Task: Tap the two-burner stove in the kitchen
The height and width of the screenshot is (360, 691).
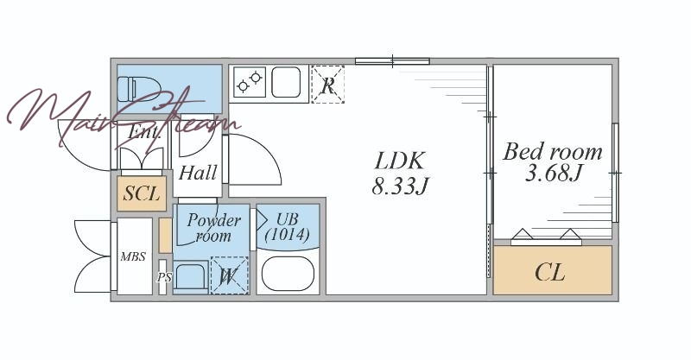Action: (x=250, y=82)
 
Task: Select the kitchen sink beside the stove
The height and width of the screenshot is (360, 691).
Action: (x=286, y=82)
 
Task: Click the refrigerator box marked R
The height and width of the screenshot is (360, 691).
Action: (x=327, y=85)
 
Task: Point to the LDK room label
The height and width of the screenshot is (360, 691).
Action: (x=400, y=161)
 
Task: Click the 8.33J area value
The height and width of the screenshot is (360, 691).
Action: (x=400, y=186)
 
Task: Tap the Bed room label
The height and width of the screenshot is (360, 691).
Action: (x=553, y=152)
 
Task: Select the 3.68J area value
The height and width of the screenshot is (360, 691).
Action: (x=554, y=174)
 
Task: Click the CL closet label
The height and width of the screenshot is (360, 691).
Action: (x=550, y=272)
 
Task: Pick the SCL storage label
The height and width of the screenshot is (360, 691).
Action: (x=141, y=193)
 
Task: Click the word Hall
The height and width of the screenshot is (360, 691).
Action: (x=198, y=173)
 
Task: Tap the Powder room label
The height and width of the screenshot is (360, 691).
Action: (x=213, y=228)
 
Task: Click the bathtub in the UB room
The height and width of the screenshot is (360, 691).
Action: (x=288, y=274)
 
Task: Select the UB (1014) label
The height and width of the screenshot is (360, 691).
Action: (x=288, y=226)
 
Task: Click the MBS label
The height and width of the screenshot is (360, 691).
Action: (x=133, y=256)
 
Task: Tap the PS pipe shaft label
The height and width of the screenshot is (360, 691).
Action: (x=164, y=278)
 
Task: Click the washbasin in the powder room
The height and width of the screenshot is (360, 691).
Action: (x=191, y=276)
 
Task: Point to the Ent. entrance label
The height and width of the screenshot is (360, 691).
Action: (x=143, y=133)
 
